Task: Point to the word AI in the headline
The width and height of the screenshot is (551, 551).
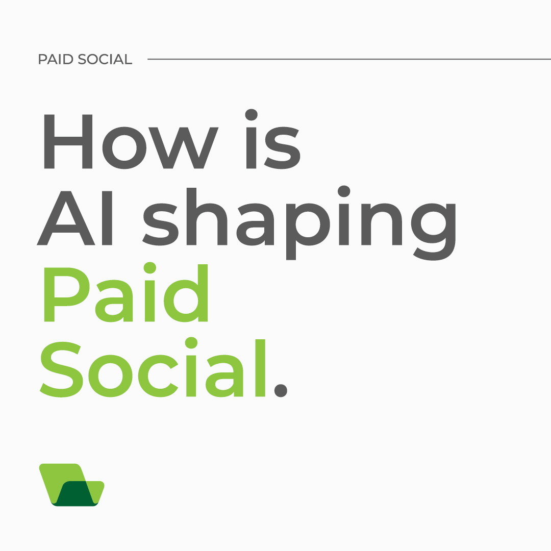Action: coord(74,218)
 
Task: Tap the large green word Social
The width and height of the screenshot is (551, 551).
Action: coord(153,368)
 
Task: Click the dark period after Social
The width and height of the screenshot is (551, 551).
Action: coord(281,391)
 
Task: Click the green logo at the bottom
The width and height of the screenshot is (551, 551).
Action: coord(72,485)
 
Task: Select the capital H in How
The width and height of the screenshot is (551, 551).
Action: coord(68,141)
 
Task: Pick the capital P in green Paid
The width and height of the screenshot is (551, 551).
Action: coord(65,294)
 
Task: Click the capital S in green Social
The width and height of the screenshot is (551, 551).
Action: coord(62,368)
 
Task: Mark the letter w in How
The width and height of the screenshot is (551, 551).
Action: coord(184,147)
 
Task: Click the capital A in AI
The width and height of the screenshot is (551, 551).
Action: coord(66,218)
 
